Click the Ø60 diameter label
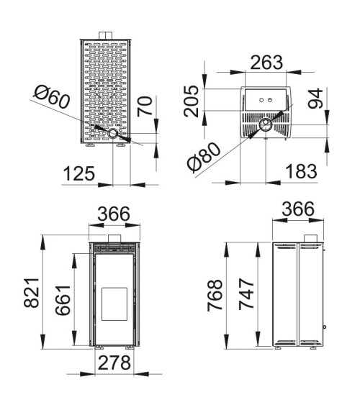click(x=52, y=97)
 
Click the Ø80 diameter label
click(x=204, y=158)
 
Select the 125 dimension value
click(x=79, y=173)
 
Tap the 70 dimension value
click(x=145, y=106)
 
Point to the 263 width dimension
click(x=266, y=63)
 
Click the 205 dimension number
click(x=192, y=101)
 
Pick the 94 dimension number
click(x=315, y=99)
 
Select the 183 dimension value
click(x=302, y=171)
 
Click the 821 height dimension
click(x=32, y=293)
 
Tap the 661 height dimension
click(x=63, y=301)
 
